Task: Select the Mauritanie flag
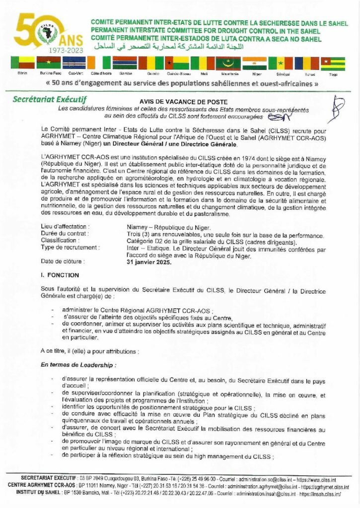pos(228,63)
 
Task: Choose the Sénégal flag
pos(281,63)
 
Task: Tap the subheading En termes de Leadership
pos(79,365)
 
